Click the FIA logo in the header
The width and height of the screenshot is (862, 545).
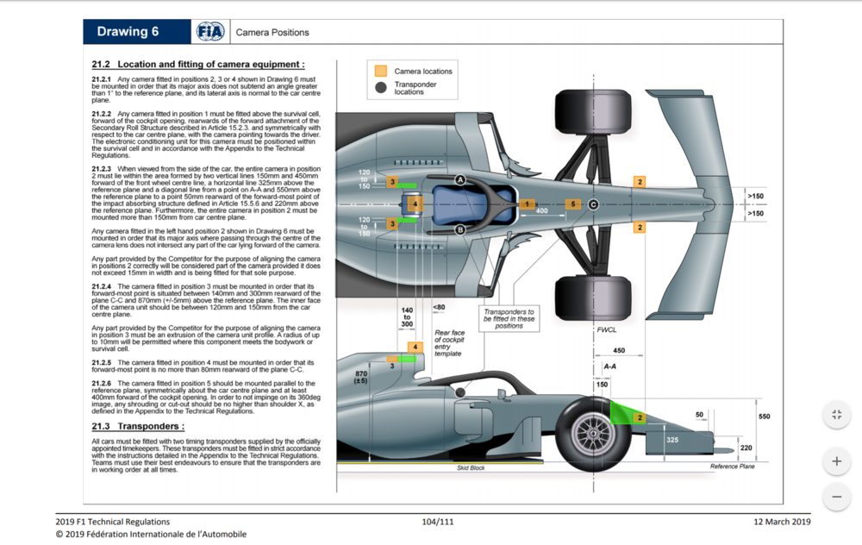pyautogui.click(x=209, y=32)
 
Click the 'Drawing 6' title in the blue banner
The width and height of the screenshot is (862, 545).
pyautogui.click(x=128, y=32)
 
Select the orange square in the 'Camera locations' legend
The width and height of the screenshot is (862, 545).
pyautogui.click(x=380, y=71)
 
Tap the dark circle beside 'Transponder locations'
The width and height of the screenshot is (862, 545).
pyautogui.click(x=380, y=87)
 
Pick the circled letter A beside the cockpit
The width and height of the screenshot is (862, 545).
pyautogui.click(x=460, y=179)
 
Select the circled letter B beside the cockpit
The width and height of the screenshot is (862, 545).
pyautogui.click(x=460, y=229)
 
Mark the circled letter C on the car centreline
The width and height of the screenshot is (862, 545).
pyautogui.click(x=593, y=204)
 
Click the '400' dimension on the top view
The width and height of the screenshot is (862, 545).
pyautogui.click(x=541, y=210)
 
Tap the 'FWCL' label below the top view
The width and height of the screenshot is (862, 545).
pyautogui.click(x=606, y=330)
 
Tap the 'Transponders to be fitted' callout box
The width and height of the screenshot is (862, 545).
pyautogui.click(x=509, y=317)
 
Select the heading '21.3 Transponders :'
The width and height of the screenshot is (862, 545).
pyautogui.click(x=138, y=426)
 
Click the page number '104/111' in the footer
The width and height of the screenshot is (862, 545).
pyautogui.click(x=438, y=522)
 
